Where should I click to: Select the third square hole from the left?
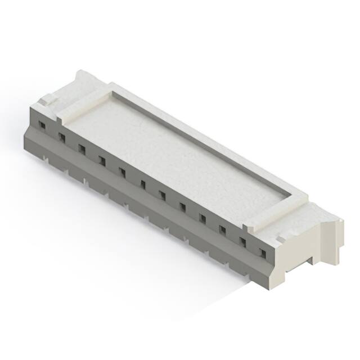[x=82, y=149]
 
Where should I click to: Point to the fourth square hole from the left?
[x=102, y=161]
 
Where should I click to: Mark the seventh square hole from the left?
[x=163, y=195]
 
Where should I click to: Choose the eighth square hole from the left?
[x=182, y=207]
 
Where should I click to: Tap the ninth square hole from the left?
[x=202, y=218]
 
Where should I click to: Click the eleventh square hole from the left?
[x=243, y=241]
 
